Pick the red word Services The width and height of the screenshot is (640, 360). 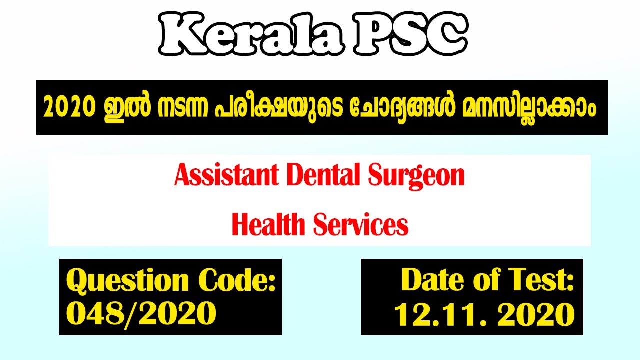(x=361, y=224)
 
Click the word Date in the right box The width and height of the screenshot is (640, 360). (x=431, y=280)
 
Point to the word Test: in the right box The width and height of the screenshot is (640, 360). (x=542, y=280)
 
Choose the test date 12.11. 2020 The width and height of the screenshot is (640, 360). (x=484, y=315)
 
